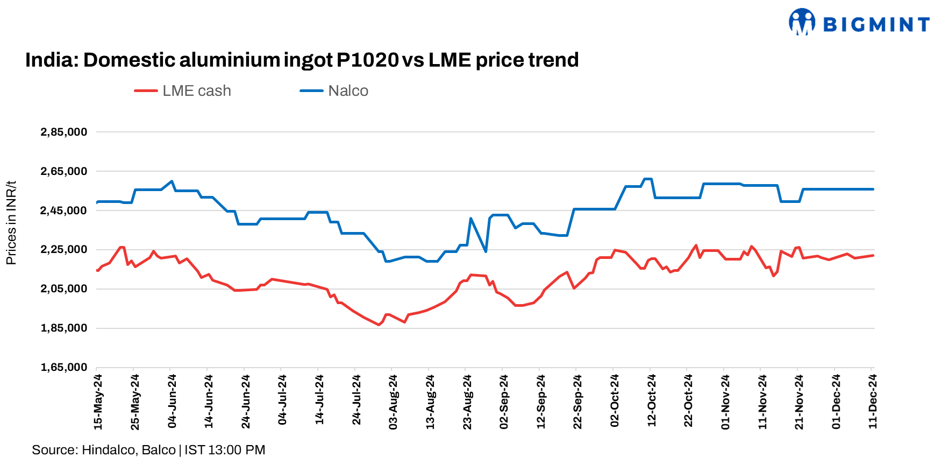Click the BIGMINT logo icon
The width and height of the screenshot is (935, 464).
[x=802, y=22]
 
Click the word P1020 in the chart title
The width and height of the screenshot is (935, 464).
[x=368, y=60]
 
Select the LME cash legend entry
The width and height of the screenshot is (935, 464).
[x=183, y=91]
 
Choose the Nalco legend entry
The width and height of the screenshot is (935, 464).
[x=334, y=91]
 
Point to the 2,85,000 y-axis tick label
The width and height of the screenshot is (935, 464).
[x=63, y=132]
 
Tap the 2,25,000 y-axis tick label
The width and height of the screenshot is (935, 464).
[x=63, y=250]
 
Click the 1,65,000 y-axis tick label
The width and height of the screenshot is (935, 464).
[x=63, y=367]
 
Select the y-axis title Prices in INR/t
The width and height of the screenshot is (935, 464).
[x=11, y=223]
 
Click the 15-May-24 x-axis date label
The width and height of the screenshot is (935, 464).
[x=98, y=402]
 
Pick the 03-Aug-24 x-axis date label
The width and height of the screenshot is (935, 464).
[x=393, y=402]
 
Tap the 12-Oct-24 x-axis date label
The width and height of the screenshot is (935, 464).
[x=652, y=401]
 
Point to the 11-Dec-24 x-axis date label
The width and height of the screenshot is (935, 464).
[x=873, y=402]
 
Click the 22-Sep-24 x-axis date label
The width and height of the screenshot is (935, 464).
[x=577, y=402]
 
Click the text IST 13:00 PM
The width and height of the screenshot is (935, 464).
[x=225, y=450]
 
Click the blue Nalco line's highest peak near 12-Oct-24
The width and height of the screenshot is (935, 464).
[x=648, y=179]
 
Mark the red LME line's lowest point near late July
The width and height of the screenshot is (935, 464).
[x=379, y=325]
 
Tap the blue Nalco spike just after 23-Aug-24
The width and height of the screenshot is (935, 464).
[x=471, y=218]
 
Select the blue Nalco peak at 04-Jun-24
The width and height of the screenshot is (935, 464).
[x=172, y=181]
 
